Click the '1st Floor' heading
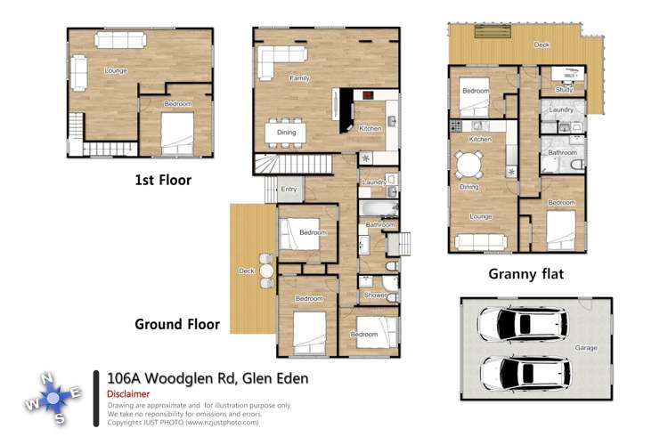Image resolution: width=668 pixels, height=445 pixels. [x=162, y=180]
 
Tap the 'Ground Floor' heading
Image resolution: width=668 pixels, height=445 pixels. [x=176, y=324]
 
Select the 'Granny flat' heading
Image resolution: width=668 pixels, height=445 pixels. [x=525, y=273]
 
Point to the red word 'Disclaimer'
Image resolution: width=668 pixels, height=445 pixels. [x=127, y=393]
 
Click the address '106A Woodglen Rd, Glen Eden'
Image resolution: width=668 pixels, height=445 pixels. [x=207, y=378]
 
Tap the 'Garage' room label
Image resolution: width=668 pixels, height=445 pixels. [x=585, y=347]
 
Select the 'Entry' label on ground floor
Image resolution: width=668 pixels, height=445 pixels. [x=289, y=189]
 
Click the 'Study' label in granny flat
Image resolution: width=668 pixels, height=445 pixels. [x=564, y=89]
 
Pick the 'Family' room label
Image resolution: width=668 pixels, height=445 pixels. [x=299, y=78]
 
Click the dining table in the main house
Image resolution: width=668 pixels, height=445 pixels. [x=286, y=133]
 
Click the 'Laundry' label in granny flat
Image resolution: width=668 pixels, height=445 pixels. [x=561, y=110]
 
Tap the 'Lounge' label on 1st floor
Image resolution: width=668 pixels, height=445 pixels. [x=115, y=69]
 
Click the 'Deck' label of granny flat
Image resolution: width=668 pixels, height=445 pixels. [x=541, y=44]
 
